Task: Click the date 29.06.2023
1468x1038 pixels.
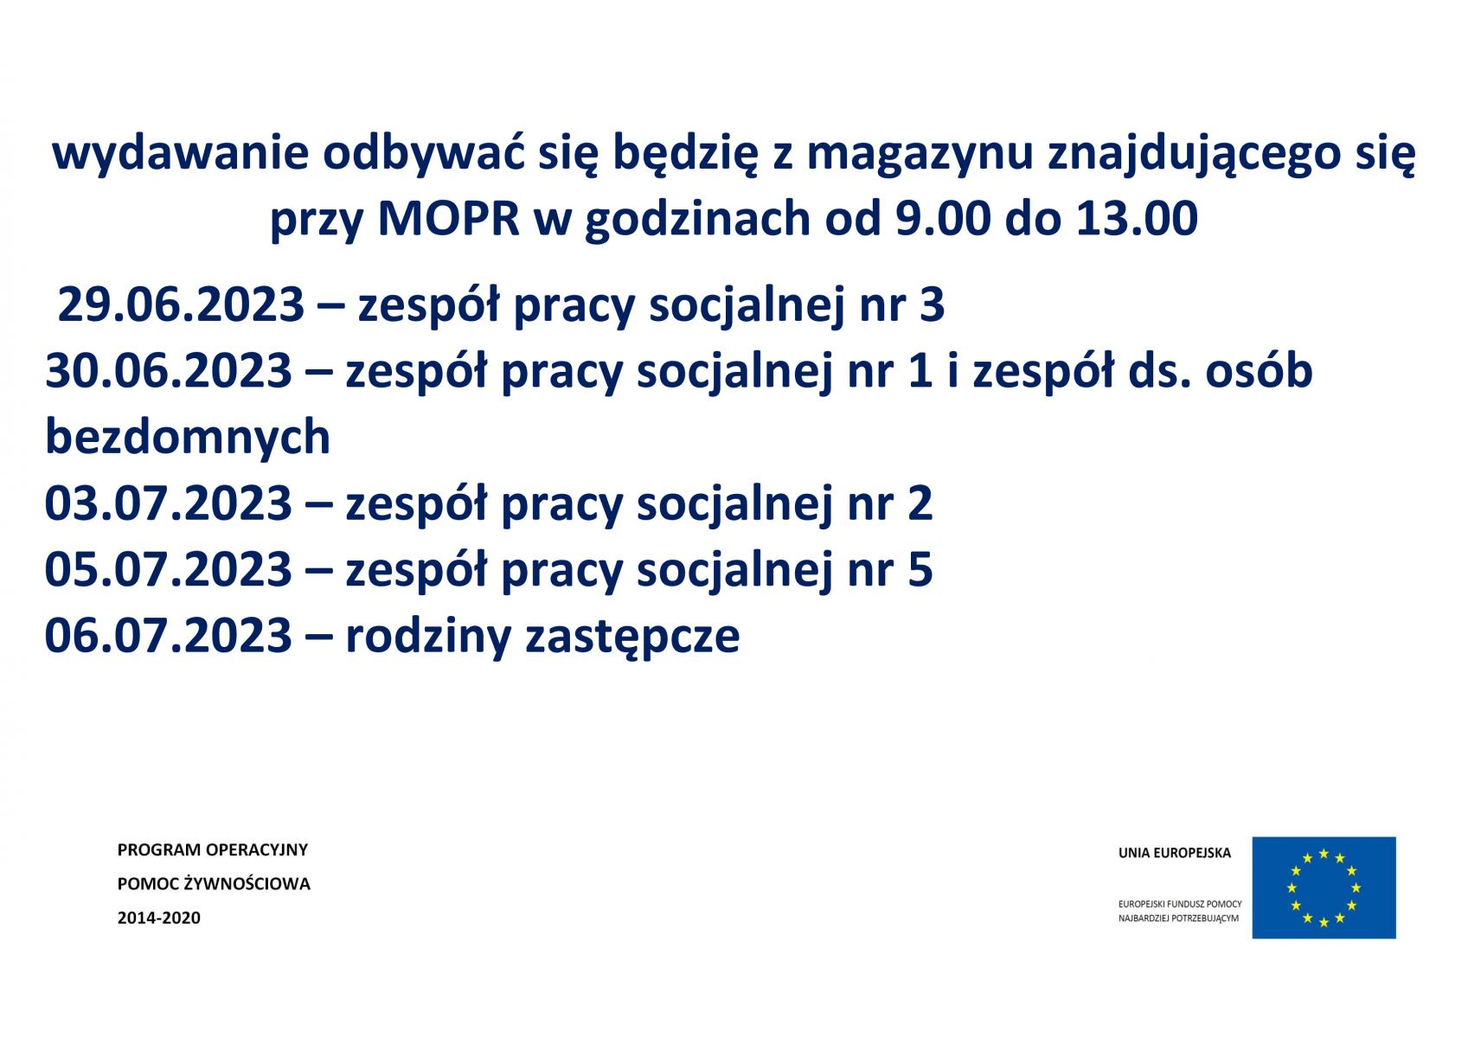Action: [181, 304]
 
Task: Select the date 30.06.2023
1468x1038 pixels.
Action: [169, 371]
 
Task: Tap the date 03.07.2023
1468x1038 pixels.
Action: [169, 503]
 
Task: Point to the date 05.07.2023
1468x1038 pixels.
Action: [169, 569]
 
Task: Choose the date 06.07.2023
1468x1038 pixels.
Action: [169, 636]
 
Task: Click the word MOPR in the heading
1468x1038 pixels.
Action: [449, 218]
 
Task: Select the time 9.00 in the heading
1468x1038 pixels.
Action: [943, 218]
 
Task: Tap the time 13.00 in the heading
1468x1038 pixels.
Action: [1137, 218]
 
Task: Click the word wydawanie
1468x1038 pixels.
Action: [180, 154]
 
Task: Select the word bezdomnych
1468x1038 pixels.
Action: [188, 437]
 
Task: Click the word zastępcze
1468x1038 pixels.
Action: [632, 637]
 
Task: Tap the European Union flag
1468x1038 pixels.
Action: [1324, 887]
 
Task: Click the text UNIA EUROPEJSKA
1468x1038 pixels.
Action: [1175, 853]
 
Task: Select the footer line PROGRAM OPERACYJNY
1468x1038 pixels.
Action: [212, 850]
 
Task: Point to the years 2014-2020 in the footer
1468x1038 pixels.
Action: [158, 918]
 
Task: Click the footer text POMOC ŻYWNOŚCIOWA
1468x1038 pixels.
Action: [214, 883]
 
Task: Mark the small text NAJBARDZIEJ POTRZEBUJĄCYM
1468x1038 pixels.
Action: [1178, 919]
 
